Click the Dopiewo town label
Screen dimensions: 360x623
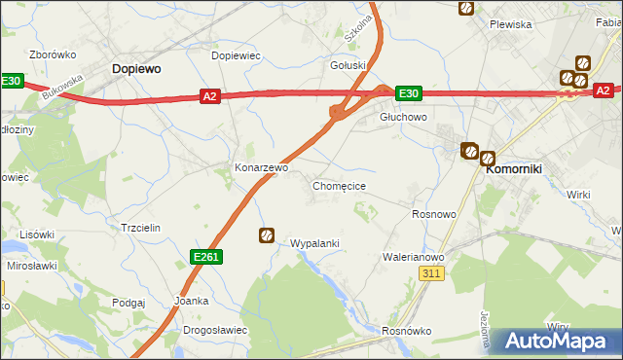[x=136, y=69]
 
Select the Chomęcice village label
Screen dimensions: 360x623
[x=339, y=185]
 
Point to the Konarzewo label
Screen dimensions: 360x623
[x=261, y=167]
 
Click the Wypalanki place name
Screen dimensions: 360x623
[x=314, y=243]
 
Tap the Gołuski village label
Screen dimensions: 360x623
[x=348, y=66]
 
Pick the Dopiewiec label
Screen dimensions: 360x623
[x=237, y=55]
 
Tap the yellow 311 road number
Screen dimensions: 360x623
[x=433, y=274]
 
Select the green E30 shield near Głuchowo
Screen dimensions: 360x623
[x=408, y=93]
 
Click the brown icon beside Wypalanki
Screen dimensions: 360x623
[x=267, y=234]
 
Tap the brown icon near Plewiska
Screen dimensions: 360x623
[x=466, y=8]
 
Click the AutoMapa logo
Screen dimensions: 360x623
[x=558, y=342]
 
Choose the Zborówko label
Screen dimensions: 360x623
[x=47, y=55]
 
